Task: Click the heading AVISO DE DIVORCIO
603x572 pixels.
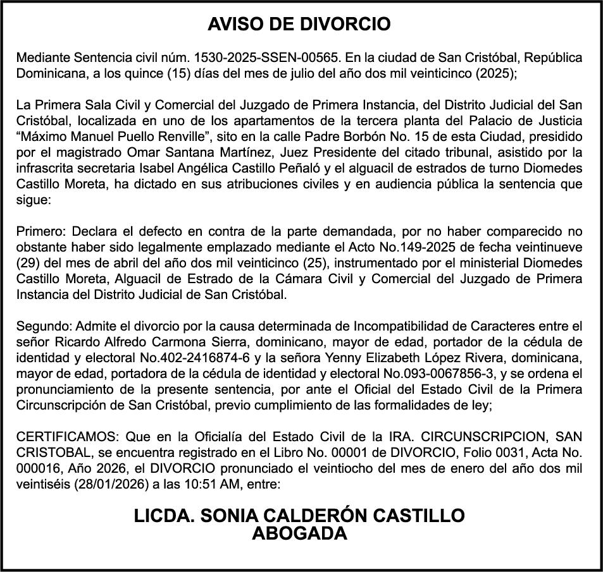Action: pos(299,25)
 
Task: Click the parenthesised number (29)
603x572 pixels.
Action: pos(28,262)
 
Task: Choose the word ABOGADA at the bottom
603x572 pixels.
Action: pos(299,534)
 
